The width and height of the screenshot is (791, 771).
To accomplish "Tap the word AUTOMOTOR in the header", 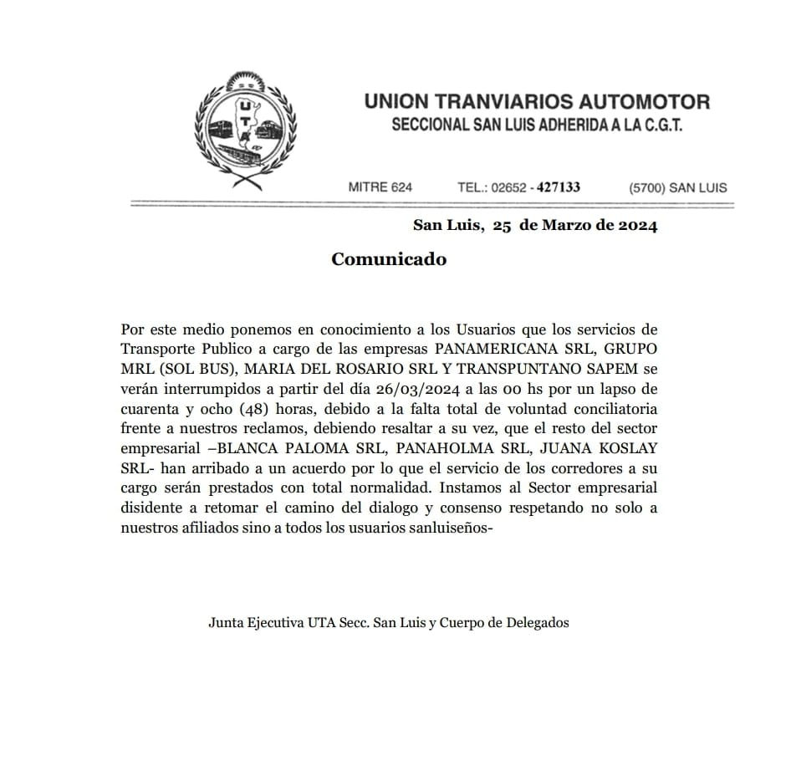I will click(x=650, y=102).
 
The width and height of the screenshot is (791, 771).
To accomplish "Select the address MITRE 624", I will click(x=380, y=187).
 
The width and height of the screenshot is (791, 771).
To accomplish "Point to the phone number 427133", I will click(x=559, y=187).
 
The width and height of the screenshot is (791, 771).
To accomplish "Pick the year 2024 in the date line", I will click(x=635, y=226).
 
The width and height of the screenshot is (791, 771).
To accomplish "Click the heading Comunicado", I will click(x=389, y=259).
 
